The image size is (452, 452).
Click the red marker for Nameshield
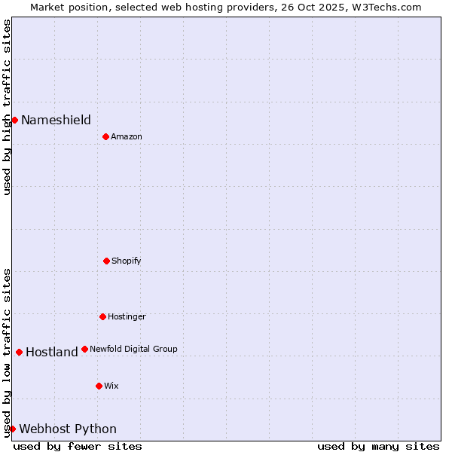tap(14, 120)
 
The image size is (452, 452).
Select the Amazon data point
tap(105, 136)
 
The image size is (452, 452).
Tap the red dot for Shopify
tap(106, 261)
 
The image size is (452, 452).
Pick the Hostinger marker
tap(102, 316)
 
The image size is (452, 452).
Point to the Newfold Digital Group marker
tap(84, 349)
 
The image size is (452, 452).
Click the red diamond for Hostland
tap(19, 352)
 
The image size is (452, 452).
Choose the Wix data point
tap(99, 386)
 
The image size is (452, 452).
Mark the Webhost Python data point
tap(12, 429)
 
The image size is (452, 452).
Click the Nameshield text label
tap(56, 120)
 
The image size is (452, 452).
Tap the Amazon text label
tap(127, 136)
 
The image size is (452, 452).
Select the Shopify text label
tap(127, 261)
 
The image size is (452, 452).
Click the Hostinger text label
tap(127, 316)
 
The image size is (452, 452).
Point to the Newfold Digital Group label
tap(133, 349)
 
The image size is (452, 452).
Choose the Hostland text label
tap(51, 352)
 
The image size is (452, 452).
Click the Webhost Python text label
tap(68, 429)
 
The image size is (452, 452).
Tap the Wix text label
tap(111, 386)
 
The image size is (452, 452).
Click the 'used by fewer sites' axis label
tap(78, 446)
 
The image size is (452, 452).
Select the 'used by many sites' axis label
tap(378, 446)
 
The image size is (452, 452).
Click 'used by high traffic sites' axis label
tap(7, 107)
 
